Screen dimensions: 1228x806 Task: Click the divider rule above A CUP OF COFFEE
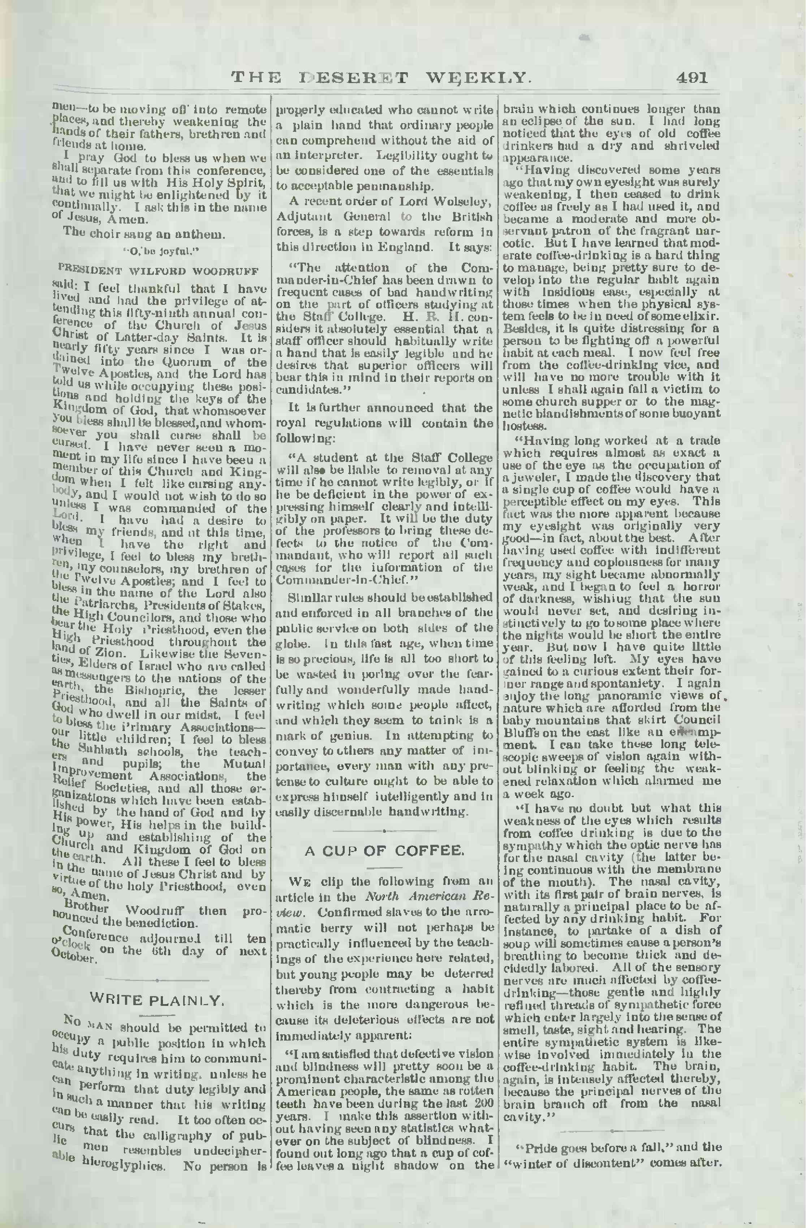[x=384, y=830]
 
